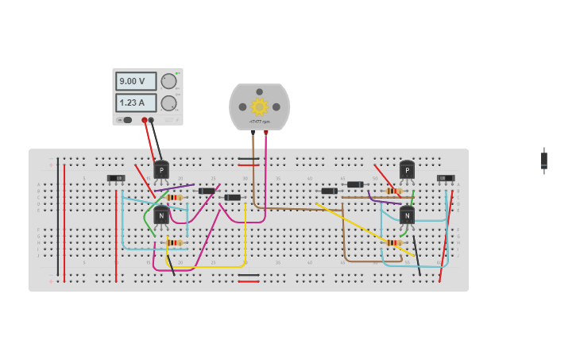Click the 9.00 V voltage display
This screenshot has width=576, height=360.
tap(136, 81)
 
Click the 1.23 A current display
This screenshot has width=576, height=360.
tap(136, 103)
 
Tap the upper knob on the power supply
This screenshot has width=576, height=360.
tap(168, 81)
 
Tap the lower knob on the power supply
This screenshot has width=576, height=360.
tap(168, 103)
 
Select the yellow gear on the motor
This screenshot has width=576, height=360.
tap(259, 106)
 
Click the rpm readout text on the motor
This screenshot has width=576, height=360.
tap(259, 122)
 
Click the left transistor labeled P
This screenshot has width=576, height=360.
tap(161, 170)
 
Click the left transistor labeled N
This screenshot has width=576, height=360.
tap(161, 215)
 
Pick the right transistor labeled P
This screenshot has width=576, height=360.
tap(407, 170)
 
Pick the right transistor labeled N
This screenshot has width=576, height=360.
tap(407, 215)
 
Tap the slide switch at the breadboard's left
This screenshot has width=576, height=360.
tap(116, 178)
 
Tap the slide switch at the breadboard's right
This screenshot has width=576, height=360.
tap(446, 178)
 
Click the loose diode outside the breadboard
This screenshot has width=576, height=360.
tap(544, 160)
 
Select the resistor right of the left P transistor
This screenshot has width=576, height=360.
tap(175, 197)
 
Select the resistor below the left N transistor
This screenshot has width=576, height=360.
tap(174, 242)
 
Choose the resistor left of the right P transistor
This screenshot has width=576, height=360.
tap(393, 191)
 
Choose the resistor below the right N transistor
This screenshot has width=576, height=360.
tap(394, 242)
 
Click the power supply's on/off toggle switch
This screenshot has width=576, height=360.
tap(126, 120)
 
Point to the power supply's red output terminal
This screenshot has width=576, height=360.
tap(145, 120)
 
